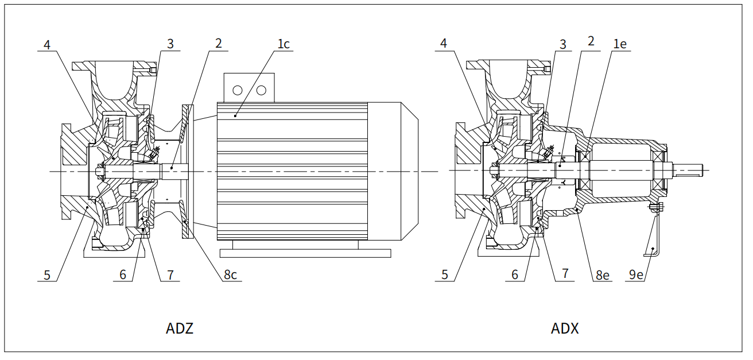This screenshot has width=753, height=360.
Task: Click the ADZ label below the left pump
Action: [x=180, y=329]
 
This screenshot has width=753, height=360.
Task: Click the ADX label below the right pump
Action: [x=565, y=329]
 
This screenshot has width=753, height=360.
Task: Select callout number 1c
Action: [x=283, y=44]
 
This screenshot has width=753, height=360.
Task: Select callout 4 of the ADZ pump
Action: [x=48, y=44]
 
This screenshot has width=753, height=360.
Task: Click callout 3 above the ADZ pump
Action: [x=170, y=44]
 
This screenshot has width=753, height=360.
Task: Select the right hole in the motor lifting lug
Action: [x=261, y=90]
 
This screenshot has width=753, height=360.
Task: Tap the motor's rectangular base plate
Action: [x=305, y=253]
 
